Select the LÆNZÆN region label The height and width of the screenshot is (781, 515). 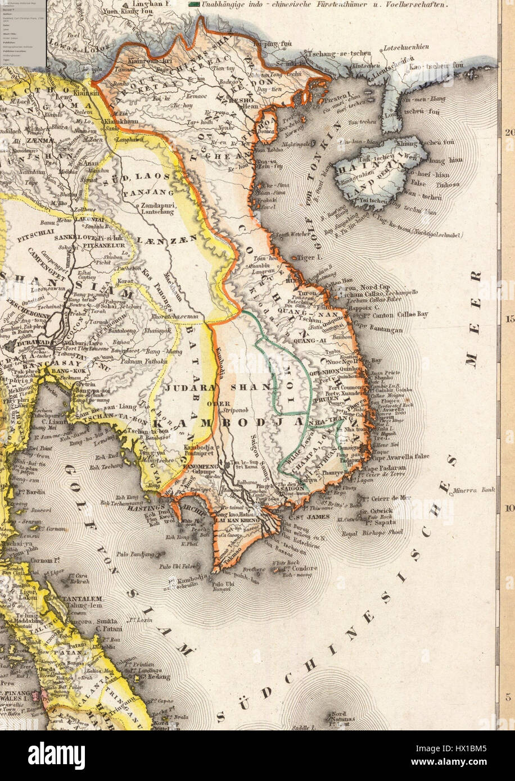tap(178, 238)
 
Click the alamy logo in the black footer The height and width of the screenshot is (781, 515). tap(56, 755)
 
